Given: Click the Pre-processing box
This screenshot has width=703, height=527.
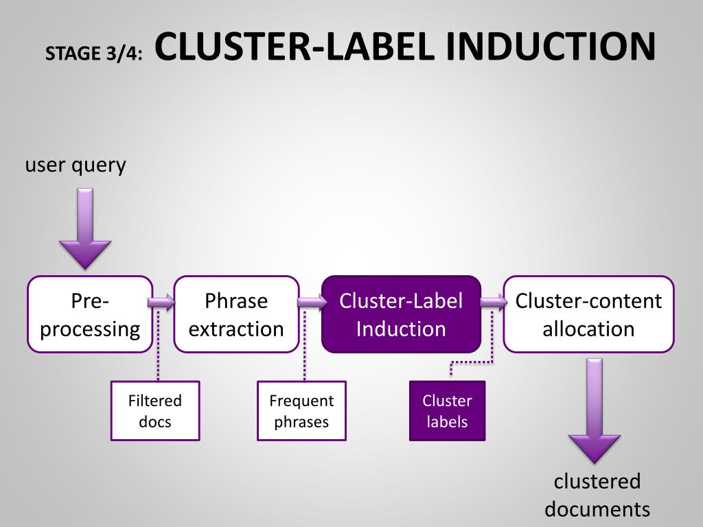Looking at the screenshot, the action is pyautogui.click(x=90, y=314).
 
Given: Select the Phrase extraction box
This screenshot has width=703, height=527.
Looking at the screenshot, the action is pyautogui.click(x=236, y=314).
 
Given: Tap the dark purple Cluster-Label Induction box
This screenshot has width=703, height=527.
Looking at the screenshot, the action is pyautogui.click(x=401, y=314).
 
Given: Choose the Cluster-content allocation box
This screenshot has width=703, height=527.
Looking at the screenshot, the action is pyautogui.click(x=588, y=314).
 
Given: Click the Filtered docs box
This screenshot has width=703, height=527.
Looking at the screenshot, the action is pyautogui.click(x=155, y=411).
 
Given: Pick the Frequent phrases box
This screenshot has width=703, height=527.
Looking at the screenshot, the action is pyautogui.click(x=302, y=411).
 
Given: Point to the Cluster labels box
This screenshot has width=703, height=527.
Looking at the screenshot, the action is pyautogui.click(x=447, y=411).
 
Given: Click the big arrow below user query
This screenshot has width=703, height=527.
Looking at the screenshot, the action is pyautogui.click(x=85, y=229).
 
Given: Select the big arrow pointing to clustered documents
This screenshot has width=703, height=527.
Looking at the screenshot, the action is pyautogui.click(x=595, y=410).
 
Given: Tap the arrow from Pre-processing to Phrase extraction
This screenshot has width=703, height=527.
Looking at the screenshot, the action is pyautogui.click(x=161, y=302).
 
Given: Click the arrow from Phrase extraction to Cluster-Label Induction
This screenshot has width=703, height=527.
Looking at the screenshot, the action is pyautogui.click(x=312, y=302).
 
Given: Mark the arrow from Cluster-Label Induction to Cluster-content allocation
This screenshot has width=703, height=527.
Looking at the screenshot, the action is pyautogui.click(x=494, y=302).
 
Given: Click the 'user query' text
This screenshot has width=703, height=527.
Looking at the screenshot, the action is pyautogui.click(x=76, y=165).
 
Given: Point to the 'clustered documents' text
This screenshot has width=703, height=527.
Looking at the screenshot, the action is pyautogui.click(x=597, y=495).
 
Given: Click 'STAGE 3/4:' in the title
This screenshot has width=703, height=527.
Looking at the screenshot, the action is pyautogui.click(x=93, y=54).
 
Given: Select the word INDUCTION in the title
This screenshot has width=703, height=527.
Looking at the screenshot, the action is pyautogui.click(x=551, y=46).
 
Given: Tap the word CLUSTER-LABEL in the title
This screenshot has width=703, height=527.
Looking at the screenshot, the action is pyautogui.click(x=295, y=46).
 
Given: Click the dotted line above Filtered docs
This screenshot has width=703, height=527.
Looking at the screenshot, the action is pyautogui.click(x=158, y=345).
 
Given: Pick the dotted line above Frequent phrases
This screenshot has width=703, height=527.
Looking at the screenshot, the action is pyautogui.click(x=304, y=345).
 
